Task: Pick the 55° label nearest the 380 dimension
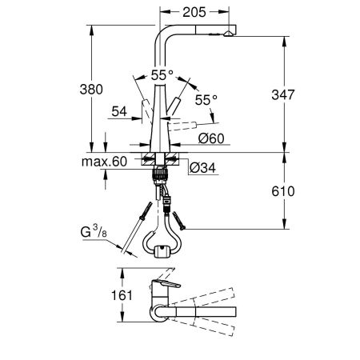pos(163,74)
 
